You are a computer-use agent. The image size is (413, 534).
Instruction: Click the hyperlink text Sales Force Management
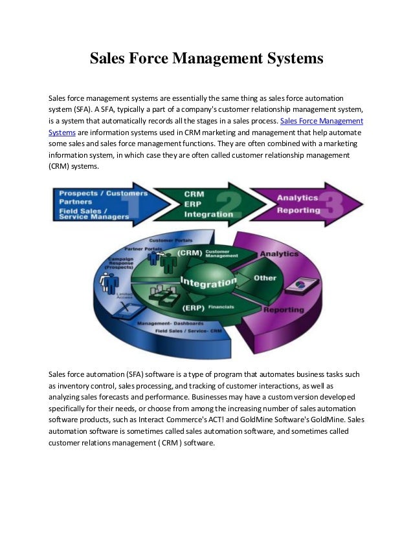pos(321,121)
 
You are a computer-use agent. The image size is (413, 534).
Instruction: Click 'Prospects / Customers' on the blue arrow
pos(103,193)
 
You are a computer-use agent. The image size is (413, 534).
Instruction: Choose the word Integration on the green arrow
pos(208,214)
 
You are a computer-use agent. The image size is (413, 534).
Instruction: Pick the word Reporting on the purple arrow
pos(298,210)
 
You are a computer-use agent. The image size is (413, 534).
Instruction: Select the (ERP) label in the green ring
pos(192,308)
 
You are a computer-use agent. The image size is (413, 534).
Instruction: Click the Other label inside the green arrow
pos(265,278)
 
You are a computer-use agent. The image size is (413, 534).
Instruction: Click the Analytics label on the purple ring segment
pos(279,254)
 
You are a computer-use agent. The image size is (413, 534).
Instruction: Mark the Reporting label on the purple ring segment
pos(283,310)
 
